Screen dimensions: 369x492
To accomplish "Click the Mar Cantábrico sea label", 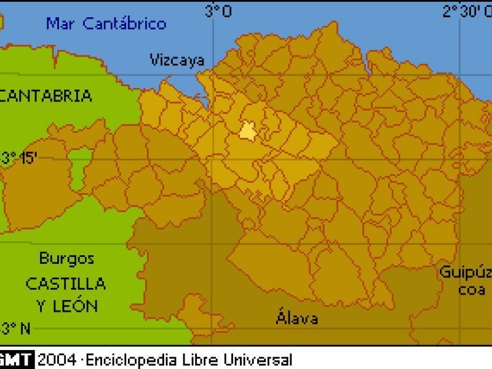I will coord(106,24).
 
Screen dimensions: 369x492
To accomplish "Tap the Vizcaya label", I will coord(177,60).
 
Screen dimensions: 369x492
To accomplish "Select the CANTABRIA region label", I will coord(47,96).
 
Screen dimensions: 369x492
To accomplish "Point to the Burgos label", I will coord(66,258).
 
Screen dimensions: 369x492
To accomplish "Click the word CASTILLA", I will coord(65,284).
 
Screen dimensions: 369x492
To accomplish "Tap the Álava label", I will coord(297,318).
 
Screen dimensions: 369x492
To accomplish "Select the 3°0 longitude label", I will coord(218,11).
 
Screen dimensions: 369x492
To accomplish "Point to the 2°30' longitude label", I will coord(467,11).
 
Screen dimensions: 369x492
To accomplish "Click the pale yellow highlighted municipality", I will coord(248,130).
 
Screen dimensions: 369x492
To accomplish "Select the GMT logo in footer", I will coord(17,360).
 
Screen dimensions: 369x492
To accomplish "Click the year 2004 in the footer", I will coord(57,360).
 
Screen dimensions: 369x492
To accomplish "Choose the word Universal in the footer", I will coord(258,360).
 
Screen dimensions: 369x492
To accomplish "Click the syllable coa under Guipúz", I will coord(472,290).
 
